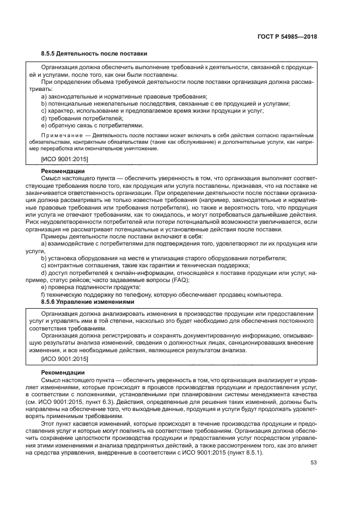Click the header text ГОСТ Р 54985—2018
coord(288,37)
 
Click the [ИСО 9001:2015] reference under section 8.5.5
coord(65,159)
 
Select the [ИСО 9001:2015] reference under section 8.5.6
coord(65,359)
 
